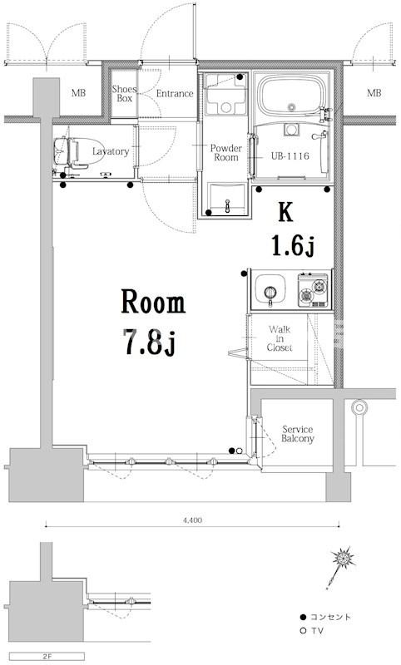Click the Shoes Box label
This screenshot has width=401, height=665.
pos(124,94)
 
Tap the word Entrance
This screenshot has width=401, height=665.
pos(175,93)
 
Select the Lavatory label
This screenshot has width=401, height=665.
pos(111,151)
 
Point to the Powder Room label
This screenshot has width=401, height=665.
pos(225,153)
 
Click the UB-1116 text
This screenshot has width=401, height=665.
pos(290,156)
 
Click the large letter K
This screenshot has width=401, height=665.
pos(285,213)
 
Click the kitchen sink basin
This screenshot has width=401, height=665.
pos(270,288)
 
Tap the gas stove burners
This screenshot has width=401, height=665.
pos(313,290)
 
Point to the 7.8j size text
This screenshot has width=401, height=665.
pos(150,341)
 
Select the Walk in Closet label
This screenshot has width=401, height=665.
pos(280,338)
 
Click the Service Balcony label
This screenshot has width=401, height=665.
pos(298,434)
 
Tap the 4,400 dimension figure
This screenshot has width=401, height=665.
pos(193,520)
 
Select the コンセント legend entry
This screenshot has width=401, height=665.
pos(325,617)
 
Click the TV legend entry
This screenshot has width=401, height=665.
pos(311,631)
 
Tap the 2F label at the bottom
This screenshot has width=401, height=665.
pos(47,657)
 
